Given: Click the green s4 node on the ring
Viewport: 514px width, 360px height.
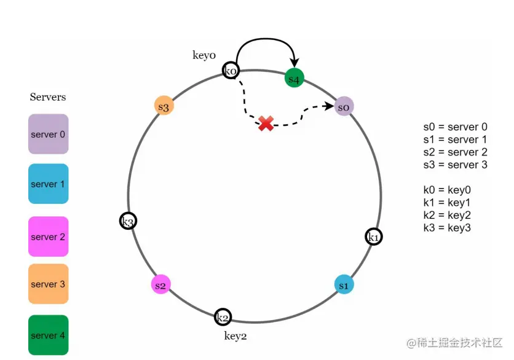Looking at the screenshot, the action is point(295,78).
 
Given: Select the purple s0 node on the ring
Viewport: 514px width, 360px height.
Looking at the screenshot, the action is point(344,107).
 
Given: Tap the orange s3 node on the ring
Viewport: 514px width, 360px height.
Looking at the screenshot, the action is point(164,106).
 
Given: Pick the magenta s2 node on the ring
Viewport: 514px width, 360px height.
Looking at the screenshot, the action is point(160,285).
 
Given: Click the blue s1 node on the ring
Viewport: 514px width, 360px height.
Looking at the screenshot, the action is point(344,284).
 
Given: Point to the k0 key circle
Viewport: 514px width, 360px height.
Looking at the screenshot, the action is point(231,71).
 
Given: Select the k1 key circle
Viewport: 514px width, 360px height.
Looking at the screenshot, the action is point(373,237).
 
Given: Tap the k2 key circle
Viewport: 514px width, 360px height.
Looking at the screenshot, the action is point(223,317).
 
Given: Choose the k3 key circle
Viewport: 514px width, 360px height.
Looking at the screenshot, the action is point(128,221).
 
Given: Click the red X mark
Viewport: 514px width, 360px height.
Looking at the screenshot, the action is point(266,123).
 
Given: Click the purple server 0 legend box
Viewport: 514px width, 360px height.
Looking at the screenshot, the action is point(48,134).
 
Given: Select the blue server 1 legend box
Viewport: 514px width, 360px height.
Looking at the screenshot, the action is point(48,184).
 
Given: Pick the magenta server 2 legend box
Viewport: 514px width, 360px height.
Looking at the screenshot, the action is point(48,237).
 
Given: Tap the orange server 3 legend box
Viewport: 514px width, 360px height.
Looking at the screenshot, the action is point(48,284).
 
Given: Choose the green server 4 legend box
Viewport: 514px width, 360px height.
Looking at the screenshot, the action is point(48,335).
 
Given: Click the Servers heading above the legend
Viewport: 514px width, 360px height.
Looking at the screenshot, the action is point(48,97).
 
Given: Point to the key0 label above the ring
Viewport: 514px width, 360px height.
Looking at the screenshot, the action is point(204,55).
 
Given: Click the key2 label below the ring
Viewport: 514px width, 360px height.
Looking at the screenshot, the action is point(235,336).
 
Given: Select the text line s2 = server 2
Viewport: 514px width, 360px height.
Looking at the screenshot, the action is point(455,152).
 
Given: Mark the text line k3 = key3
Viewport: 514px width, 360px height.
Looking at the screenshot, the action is point(447,228).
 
